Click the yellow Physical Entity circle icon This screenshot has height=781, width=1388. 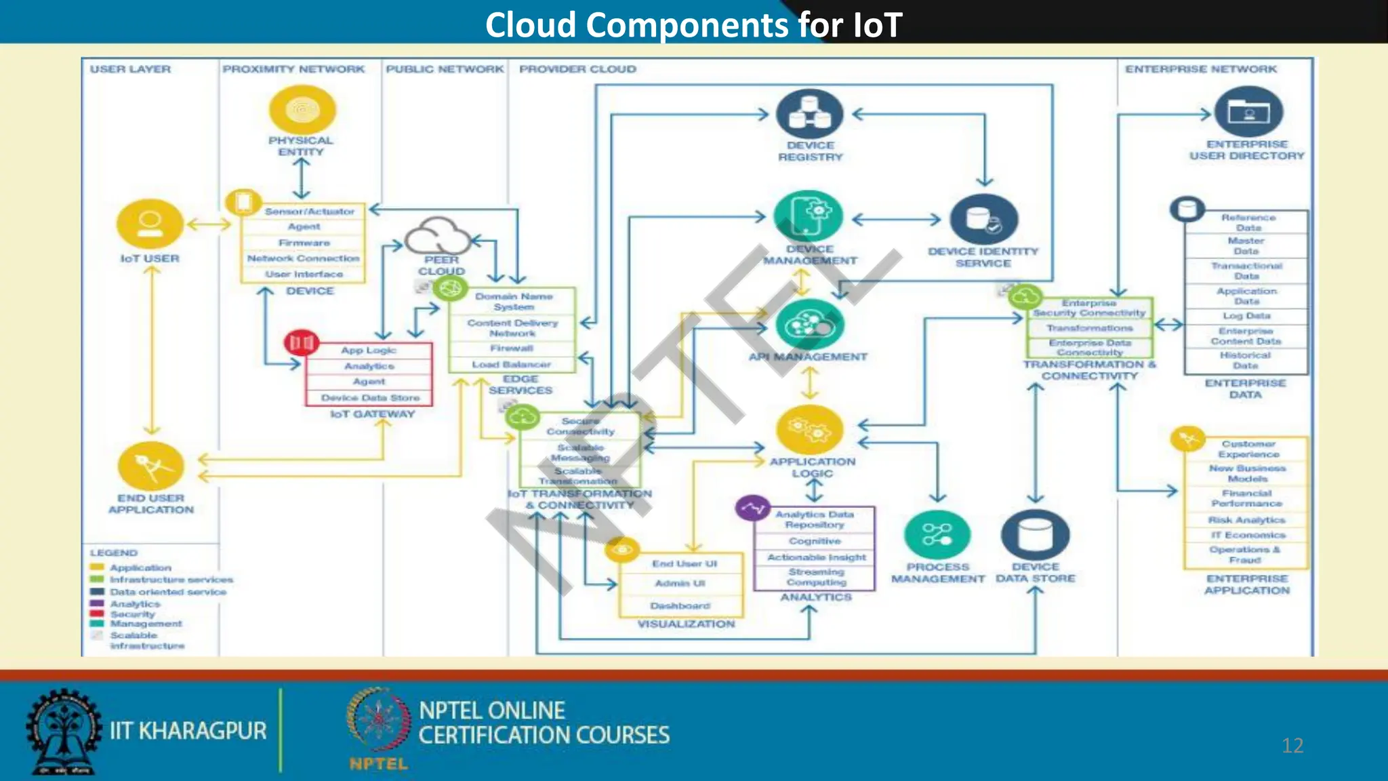tap(302, 110)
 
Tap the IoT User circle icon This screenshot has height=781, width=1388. tap(150, 224)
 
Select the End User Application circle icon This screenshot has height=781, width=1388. tap(150, 466)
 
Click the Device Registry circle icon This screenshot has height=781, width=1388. tap(809, 114)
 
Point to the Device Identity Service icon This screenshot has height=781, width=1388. tap(983, 220)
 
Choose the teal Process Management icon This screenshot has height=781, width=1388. tap(937, 536)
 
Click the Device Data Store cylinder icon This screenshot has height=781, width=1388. tap(1035, 536)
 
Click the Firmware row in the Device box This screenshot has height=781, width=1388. tap(304, 243)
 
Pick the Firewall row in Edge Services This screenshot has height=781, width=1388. tap(512, 348)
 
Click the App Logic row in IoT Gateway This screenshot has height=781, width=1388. tap(368, 351)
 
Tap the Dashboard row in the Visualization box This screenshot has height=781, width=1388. tap(680, 605)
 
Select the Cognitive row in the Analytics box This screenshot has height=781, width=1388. tap(815, 541)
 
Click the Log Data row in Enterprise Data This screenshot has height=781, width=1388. tap(1246, 316)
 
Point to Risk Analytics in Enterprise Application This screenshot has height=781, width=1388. tap(1246, 520)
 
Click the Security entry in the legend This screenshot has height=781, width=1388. tap(133, 614)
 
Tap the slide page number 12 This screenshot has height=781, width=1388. tap(1292, 746)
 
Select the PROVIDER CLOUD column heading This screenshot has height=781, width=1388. tap(577, 69)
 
